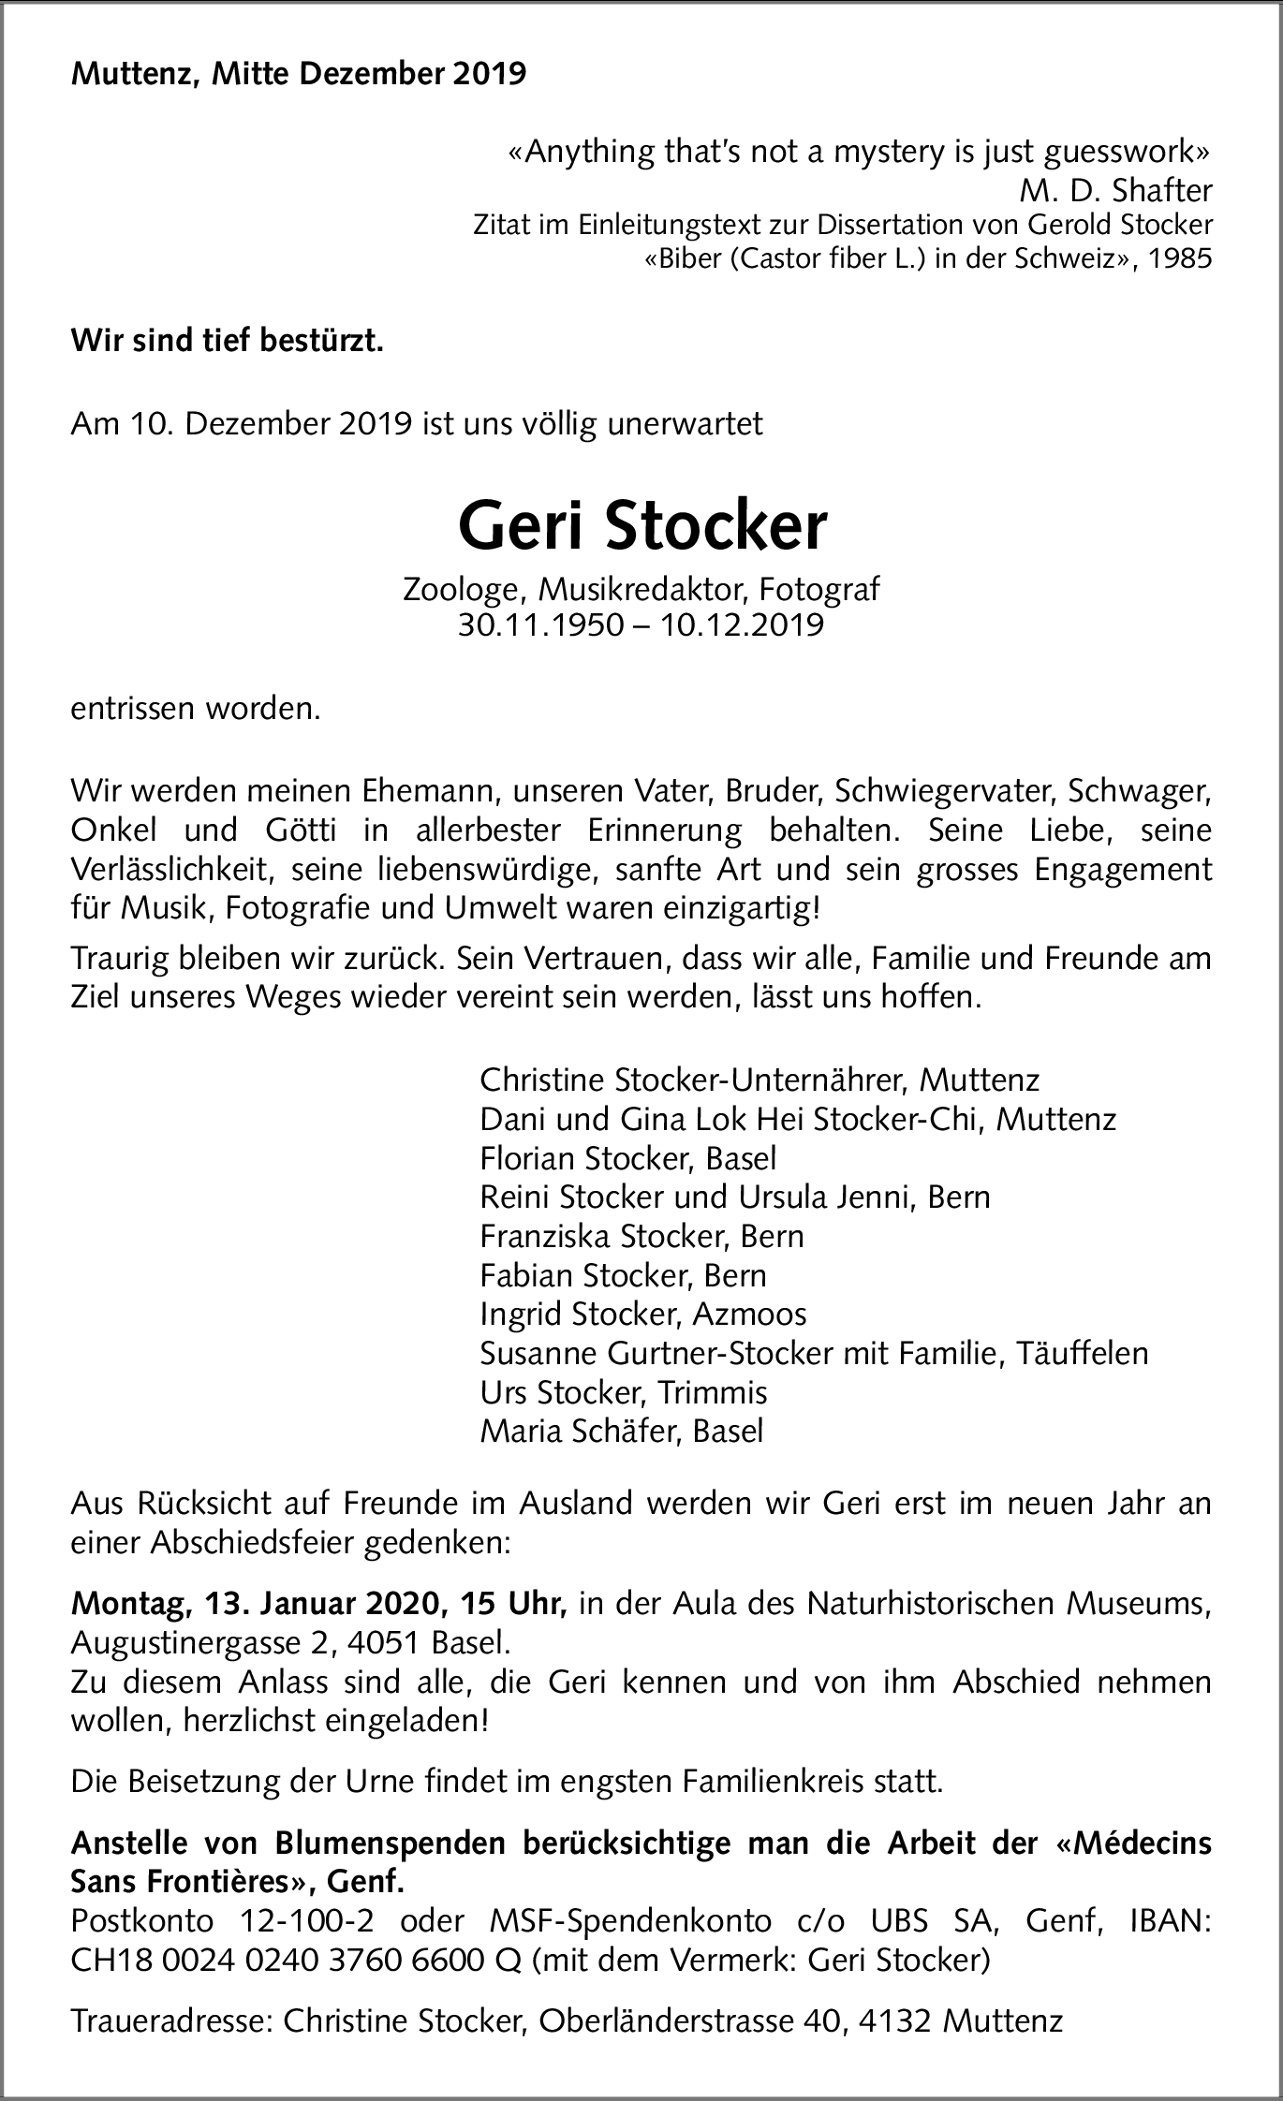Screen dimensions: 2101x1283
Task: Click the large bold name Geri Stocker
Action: (x=642, y=527)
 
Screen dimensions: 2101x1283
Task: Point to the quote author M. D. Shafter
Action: (x=1115, y=190)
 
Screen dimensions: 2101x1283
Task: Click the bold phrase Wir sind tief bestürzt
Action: (x=228, y=342)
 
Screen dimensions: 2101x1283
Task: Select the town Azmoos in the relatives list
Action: (x=749, y=1315)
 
